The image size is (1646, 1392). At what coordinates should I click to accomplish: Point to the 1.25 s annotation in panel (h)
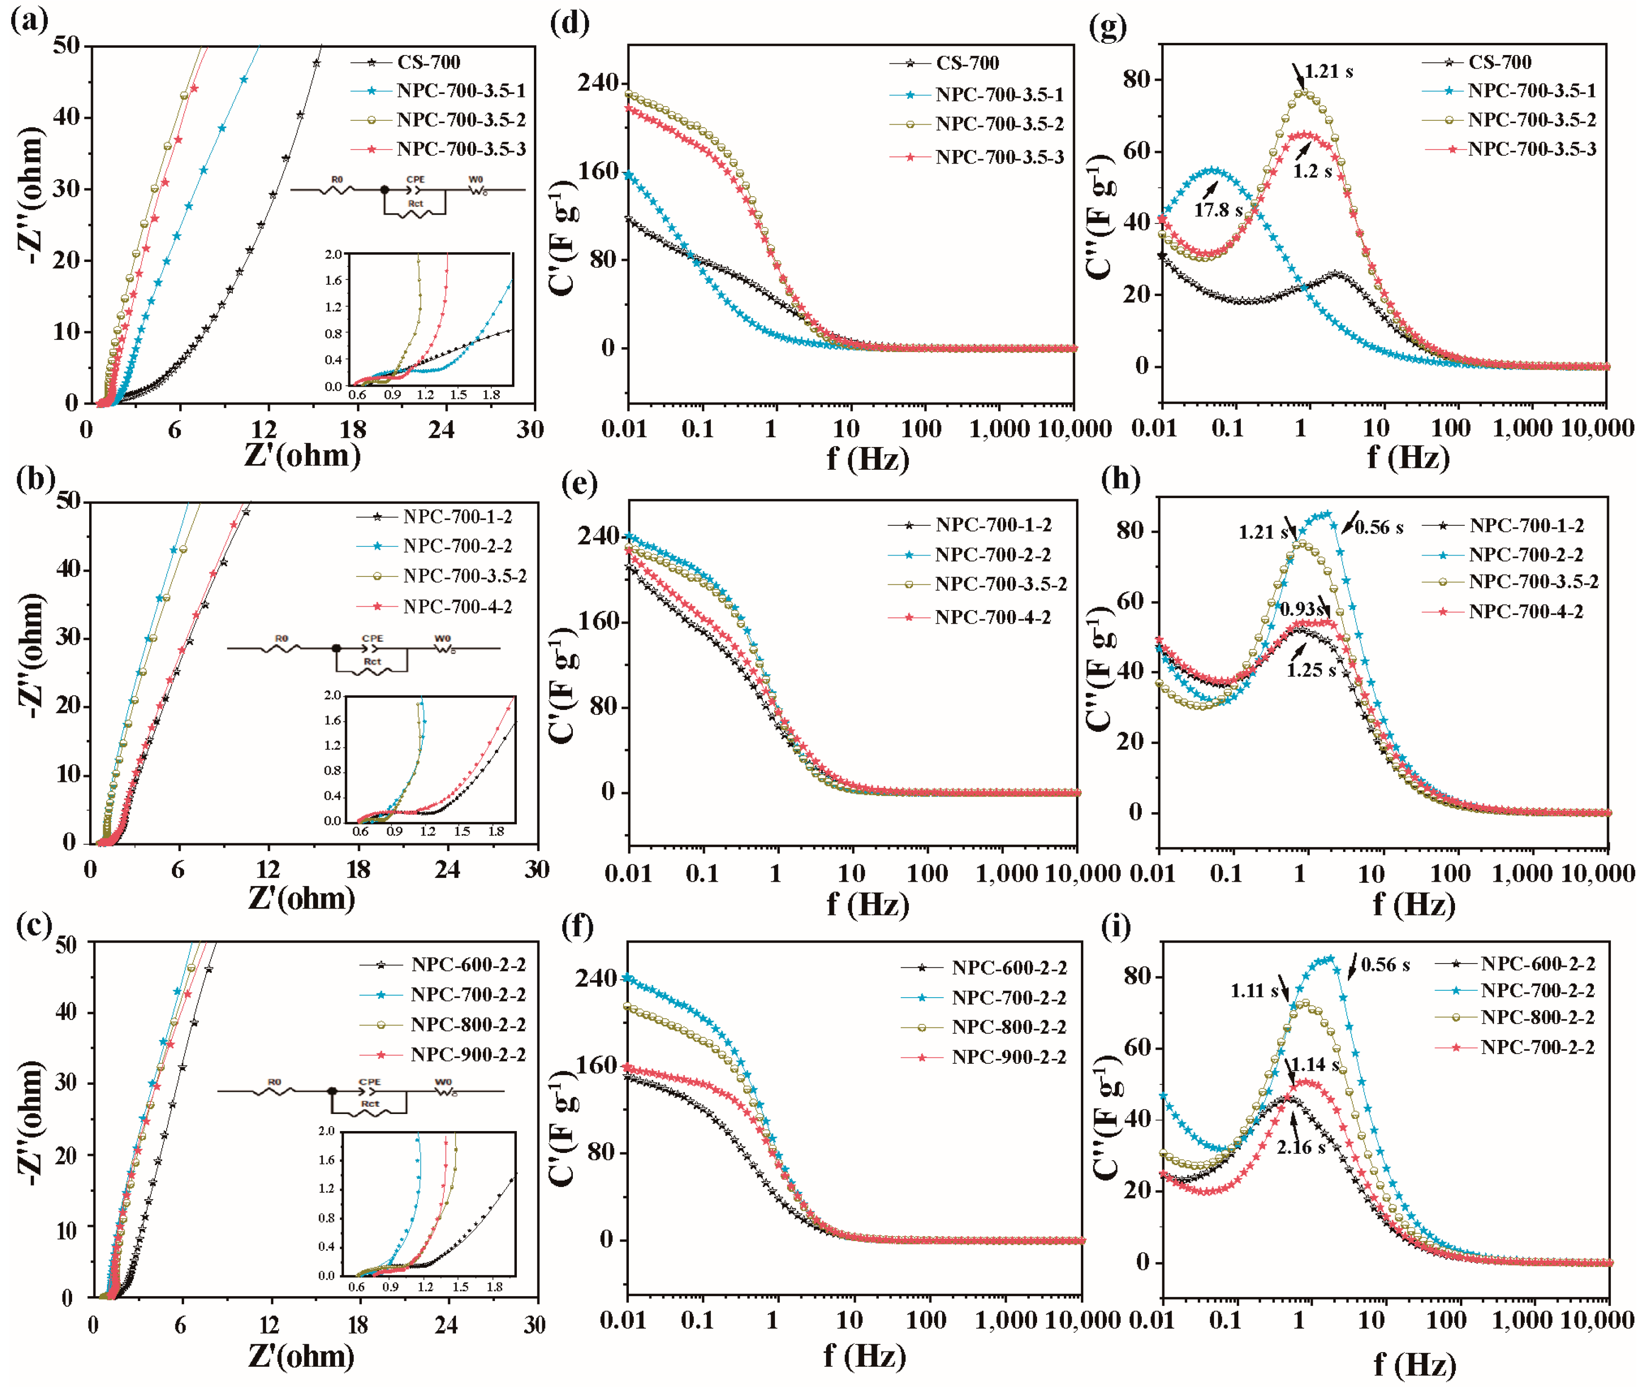1310,671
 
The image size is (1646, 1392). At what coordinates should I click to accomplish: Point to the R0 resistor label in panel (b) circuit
281,638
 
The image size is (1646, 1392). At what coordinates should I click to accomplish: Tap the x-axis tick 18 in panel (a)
353,429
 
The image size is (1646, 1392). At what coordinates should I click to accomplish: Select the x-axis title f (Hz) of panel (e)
868,904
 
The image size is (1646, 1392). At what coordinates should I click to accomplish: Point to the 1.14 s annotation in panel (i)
1314,1064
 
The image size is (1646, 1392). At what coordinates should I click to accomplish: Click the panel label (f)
578,926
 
